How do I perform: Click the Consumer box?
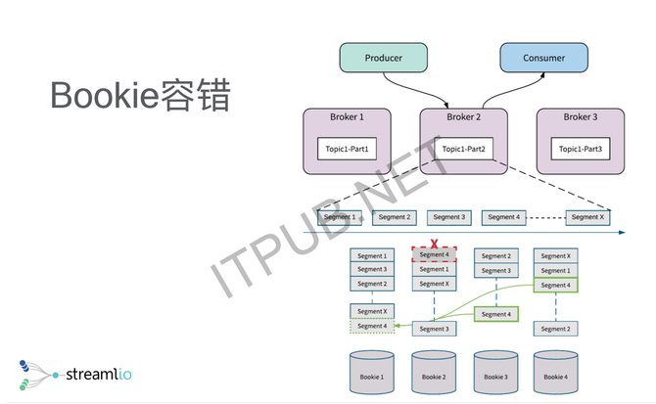(x=543, y=58)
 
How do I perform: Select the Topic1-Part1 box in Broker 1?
(x=346, y=149)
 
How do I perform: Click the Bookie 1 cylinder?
(x=371, y=372)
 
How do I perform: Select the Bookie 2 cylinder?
(x=433, y=372)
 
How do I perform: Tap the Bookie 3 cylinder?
(x=495, y=372)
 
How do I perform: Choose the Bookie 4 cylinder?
(x=555, y=372)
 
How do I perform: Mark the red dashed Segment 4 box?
(x=434, y=254)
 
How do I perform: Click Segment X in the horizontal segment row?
(x=587, y=217)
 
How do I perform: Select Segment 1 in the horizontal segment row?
(x=339, y=217)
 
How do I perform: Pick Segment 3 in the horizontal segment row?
(x=449, y=217)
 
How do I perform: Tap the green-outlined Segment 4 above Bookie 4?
(x=555, y=285)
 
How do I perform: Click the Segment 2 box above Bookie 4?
(x=555, y=329)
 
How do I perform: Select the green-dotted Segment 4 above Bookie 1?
(x=371, y=326)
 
